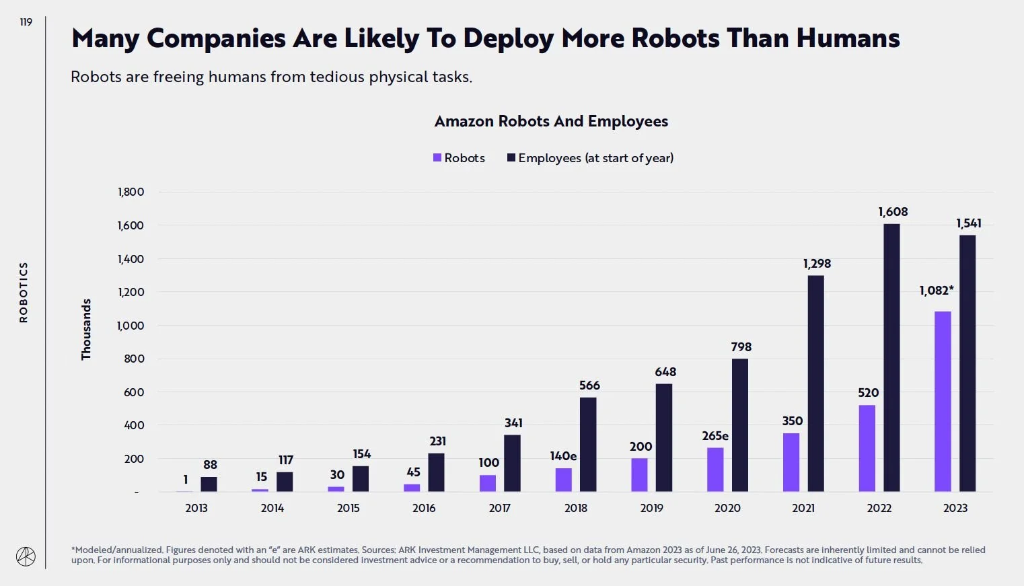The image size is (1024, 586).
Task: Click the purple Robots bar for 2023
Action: tap(943, 402)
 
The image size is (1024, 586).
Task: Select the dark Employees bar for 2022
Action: tap(891, 358)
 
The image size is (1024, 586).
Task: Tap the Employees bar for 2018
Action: tap(588, 445)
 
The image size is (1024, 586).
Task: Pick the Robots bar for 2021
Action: tap(791, 463)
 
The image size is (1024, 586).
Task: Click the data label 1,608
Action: tap(893, 212)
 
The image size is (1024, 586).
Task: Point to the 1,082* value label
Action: tap(936, 291)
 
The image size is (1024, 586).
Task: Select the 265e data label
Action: tap(715, 436)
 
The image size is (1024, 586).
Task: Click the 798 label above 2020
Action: tap(741, 347)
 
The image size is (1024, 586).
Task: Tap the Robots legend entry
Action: tap(459, 158)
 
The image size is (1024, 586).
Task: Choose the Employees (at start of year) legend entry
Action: tap(590, 158)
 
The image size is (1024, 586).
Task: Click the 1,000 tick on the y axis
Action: tap(131, 326)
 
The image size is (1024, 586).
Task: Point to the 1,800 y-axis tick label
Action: tap(131, 192)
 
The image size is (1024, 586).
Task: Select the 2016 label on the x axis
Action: tap(424, 508)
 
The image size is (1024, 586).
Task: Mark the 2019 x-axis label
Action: tap(651, 508)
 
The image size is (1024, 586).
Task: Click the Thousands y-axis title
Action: tap(86, 329)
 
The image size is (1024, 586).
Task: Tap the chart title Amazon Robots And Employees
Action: tap(551, 122)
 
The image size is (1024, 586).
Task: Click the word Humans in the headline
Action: tap(848, 39)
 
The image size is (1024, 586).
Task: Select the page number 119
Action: tap(26, 22)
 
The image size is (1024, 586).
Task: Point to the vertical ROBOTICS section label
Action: tap(24, 292)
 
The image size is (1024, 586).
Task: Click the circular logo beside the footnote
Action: tap(26, 556)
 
